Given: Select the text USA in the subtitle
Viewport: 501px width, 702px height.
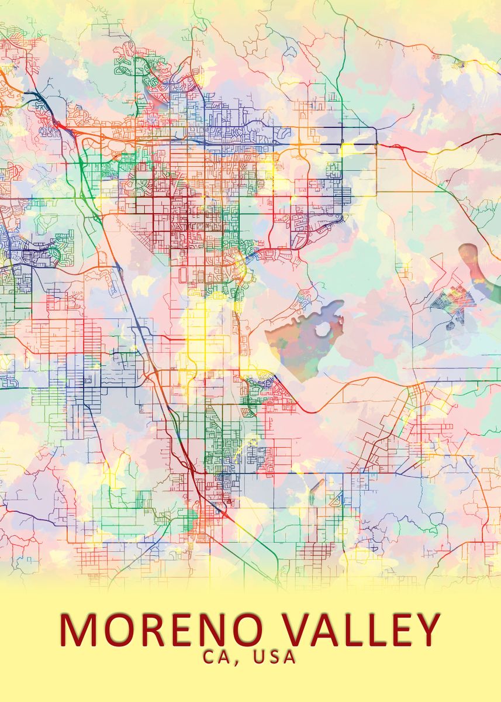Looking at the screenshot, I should click(x=275, y=657).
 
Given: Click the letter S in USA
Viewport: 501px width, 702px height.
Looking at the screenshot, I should click(x=275, y=657).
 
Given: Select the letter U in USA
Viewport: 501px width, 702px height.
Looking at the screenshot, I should click(x=258, y=657).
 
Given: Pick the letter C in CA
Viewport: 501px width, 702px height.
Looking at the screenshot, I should click(x=210, y=657).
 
